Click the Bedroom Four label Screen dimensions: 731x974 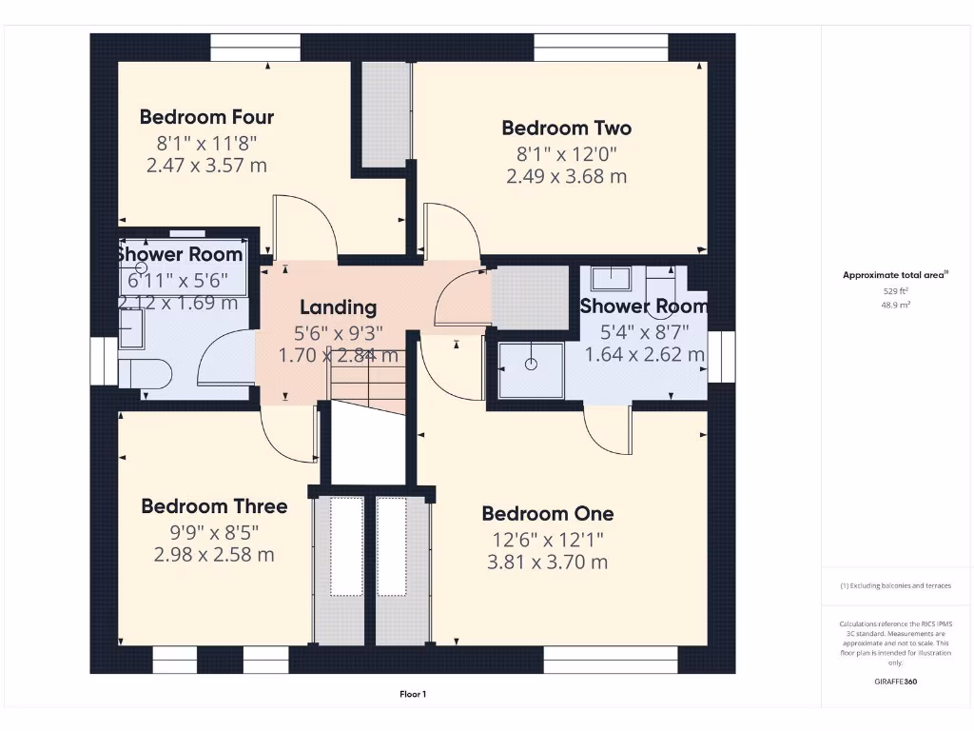206,117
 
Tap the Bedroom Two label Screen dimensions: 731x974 566,128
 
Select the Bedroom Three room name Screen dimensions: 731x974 214,506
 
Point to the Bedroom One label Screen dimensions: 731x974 547,514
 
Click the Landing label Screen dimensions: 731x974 338,307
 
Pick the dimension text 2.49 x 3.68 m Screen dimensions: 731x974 566,176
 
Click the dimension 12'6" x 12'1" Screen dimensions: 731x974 547,539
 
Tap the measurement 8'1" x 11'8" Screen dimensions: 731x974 206,143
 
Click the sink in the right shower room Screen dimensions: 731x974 610,278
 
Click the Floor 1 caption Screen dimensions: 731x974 413,695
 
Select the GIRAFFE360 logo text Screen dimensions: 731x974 894,682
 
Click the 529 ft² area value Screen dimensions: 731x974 894,291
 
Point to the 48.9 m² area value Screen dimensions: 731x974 894,306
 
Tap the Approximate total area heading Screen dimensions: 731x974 894,275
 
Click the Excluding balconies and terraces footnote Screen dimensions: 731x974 894,586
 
